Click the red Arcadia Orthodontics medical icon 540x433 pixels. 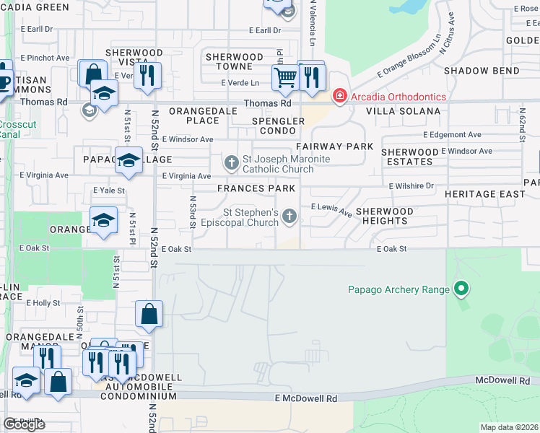pyautogui.click(x=338, y=96)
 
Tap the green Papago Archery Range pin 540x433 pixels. pyautogui.click(x=461, y=290)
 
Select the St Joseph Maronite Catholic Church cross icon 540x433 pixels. pyautogui.click(x=231, y=162)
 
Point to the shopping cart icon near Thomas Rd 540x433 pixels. pyautogui.click(x=287, y=77)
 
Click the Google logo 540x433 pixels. pyautogui.click(x=24, y=424)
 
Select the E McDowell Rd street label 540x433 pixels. pyautogui.click(x=305, y=398)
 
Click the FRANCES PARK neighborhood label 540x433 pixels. pyautogui.click(x=256, y=188)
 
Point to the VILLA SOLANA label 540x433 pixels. pyautogui.click(x=403, y=111)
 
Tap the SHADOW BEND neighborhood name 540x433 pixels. pyautogui.click(x=481, y=71)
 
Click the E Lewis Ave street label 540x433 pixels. pyautogui.click(x=331, y=210)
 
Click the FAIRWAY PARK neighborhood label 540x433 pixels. pyautogui.click(x=334, y=146)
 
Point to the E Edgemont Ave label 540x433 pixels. pyautogui.click(x=452, y=135)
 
